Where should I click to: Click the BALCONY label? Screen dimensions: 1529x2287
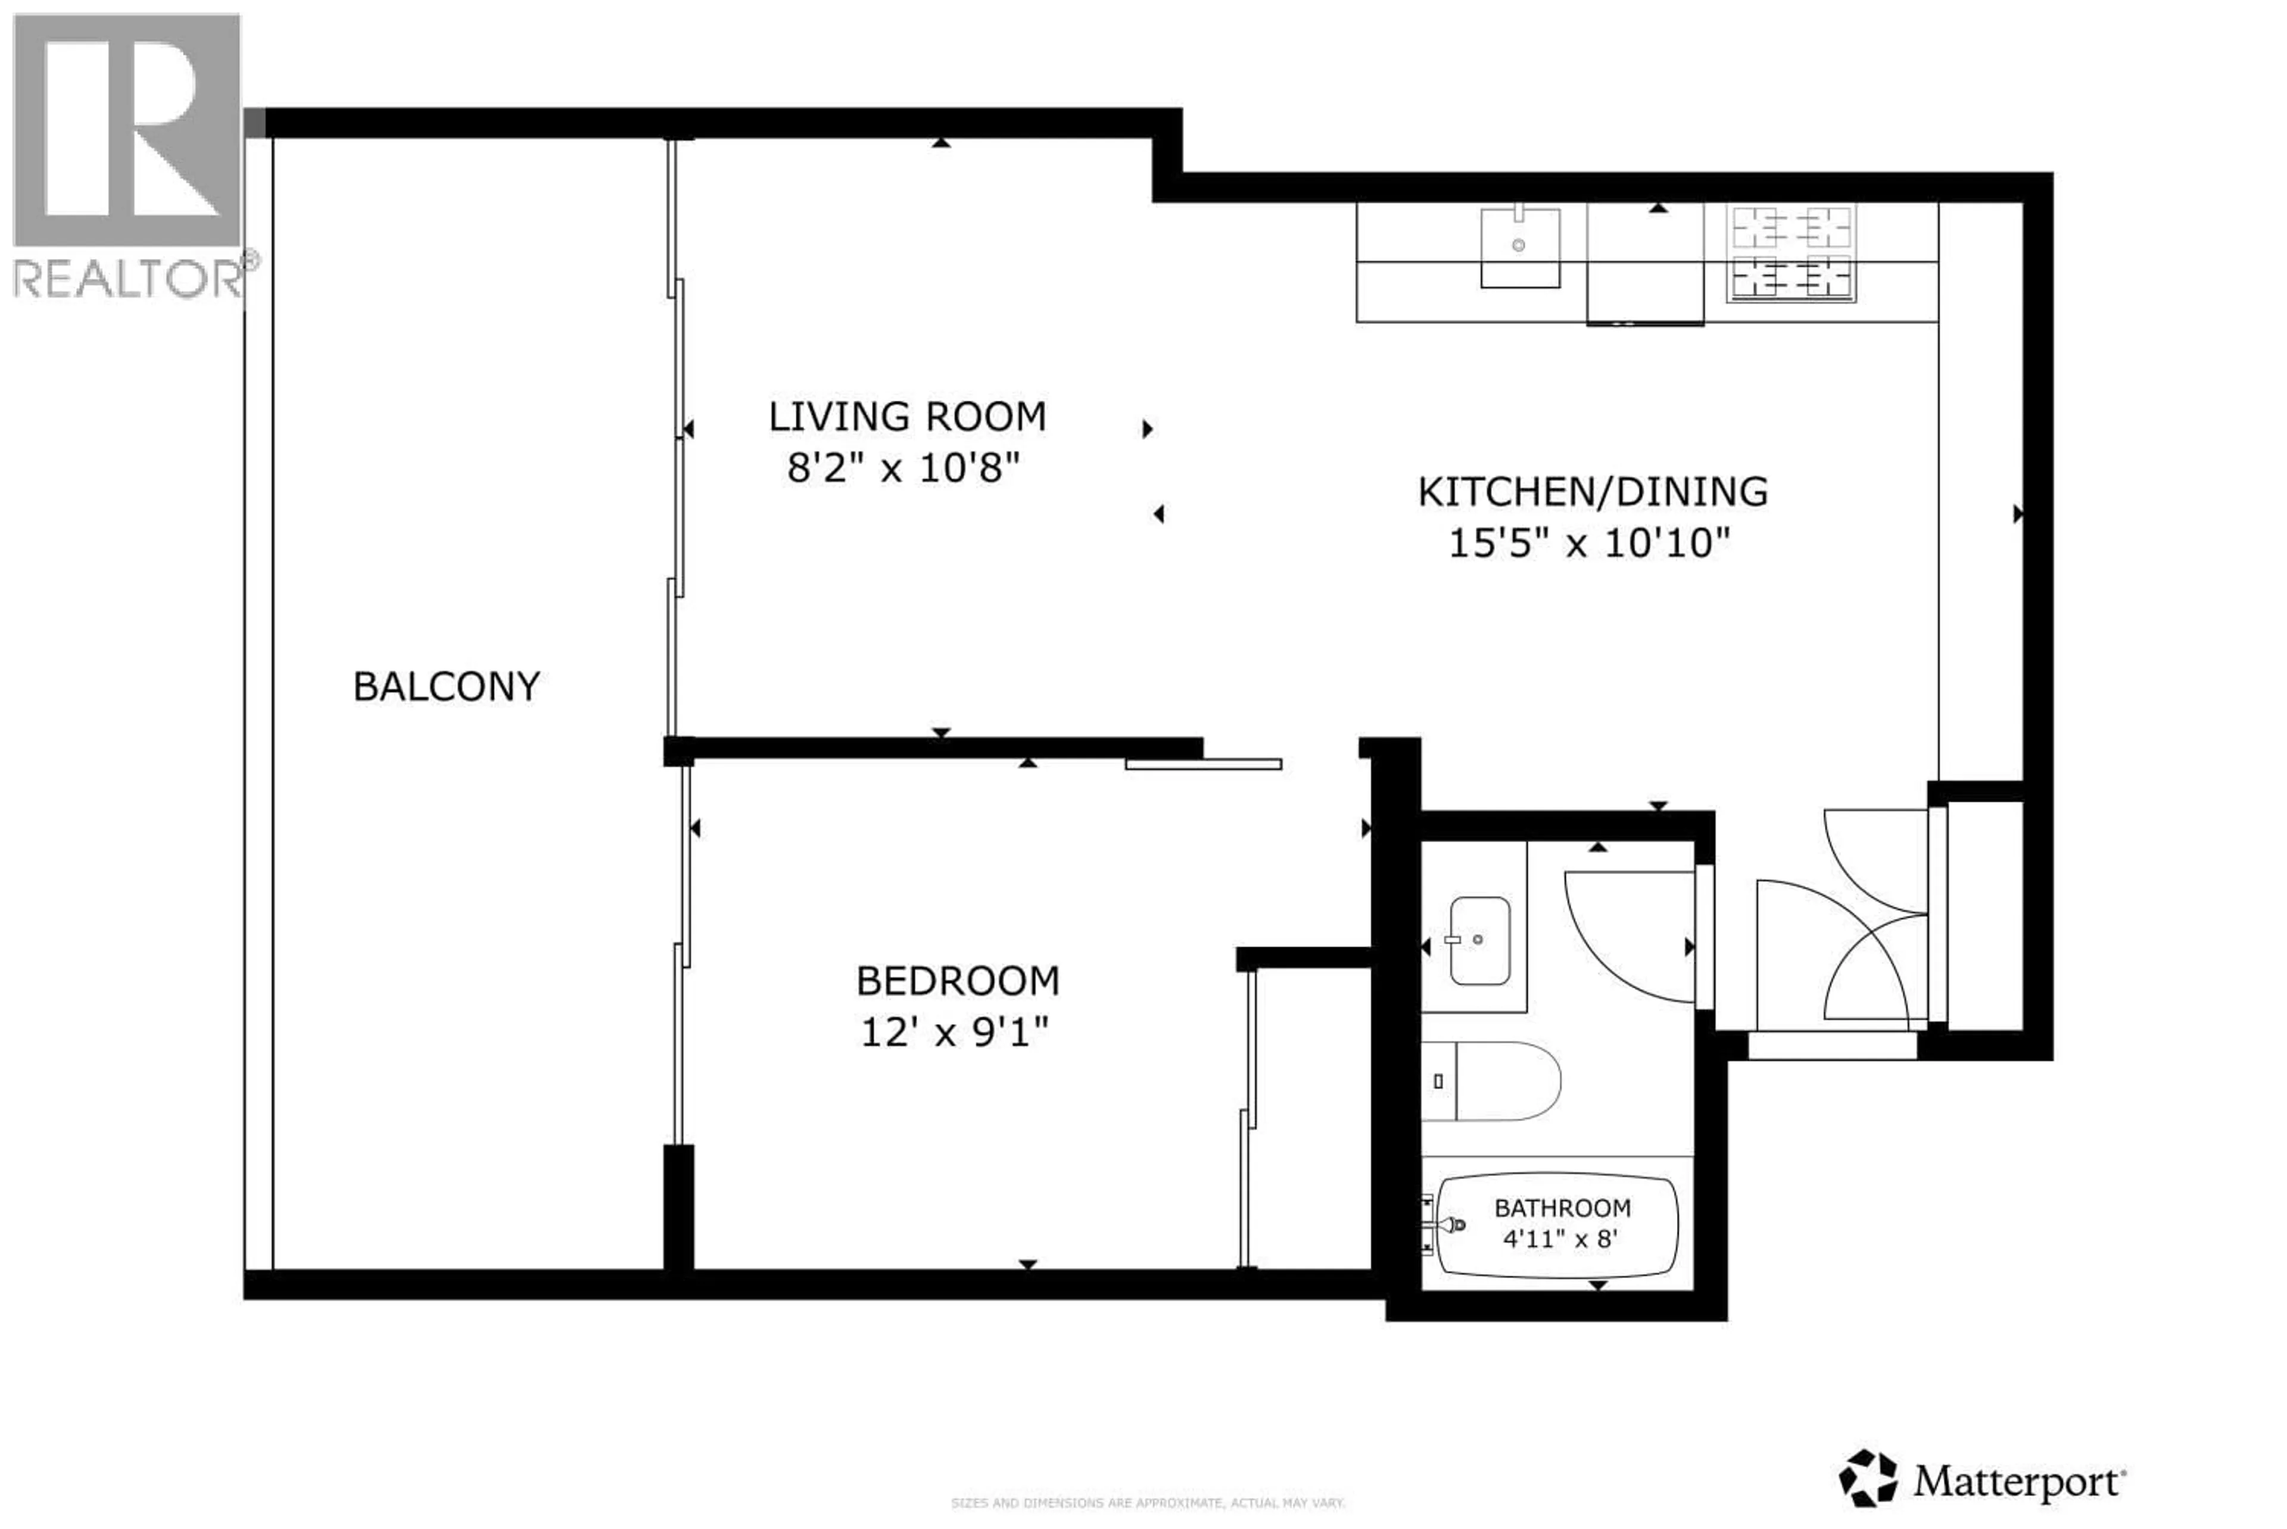[x=445, y=687]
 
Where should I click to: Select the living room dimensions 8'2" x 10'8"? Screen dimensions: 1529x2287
[x=903, y=469]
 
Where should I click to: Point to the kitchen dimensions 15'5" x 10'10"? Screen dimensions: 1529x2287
[x=1589, y=543]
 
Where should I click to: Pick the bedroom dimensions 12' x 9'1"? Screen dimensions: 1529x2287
[x=954, y=1032]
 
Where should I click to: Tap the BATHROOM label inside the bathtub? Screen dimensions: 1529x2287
[x=1562, y=1208]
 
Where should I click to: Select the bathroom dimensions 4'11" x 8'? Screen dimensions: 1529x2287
[x=1560, y=1240]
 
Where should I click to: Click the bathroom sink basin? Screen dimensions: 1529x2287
[x=1479, y=940]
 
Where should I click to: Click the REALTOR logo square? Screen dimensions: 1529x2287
[x=127, y=130]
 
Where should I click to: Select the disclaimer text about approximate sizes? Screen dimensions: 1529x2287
[x=1147, y=1503]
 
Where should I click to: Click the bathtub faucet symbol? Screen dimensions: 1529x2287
[x=1451, y=1225]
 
